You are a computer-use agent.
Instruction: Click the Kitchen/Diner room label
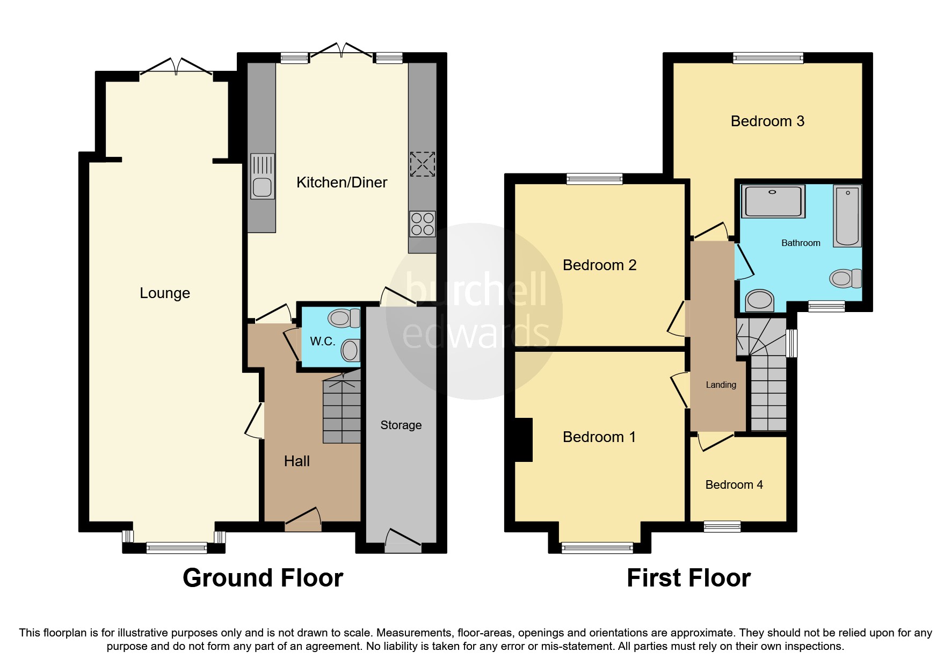pyautogui.click(x=342, y=183)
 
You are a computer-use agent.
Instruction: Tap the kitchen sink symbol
pyautogui.click(x=262, y=176)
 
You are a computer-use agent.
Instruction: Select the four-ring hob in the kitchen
pyautogui.click(x=422, y=224)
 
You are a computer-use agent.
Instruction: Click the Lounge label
pyautogui.click(x=165, y=293)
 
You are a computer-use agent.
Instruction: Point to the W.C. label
pyautogui.click(x=322, y=342)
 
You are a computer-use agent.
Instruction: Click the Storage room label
pyautogui.click(x=401, y=425)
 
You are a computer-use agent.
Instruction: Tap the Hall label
pyautogui.click(x=296, y=461)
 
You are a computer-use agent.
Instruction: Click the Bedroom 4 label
pyautogui.click(x=734, y=485)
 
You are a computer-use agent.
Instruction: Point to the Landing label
pyautogui.click(x=721, y=385)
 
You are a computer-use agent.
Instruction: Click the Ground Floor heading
pyautogui.click(x=263, y=578)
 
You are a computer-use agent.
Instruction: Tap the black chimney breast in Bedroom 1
pyautogui.click(x=524, y=440)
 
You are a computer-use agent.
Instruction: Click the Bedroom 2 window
pyautogui.click(x=594, y=178)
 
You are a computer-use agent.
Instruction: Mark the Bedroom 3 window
pyautogui.click(x=768, y=57)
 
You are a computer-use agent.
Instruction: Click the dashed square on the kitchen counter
pyautogui.click(x=422, y=164)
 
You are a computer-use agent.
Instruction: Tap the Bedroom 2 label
pyautogui.click(x=599, y=265)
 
